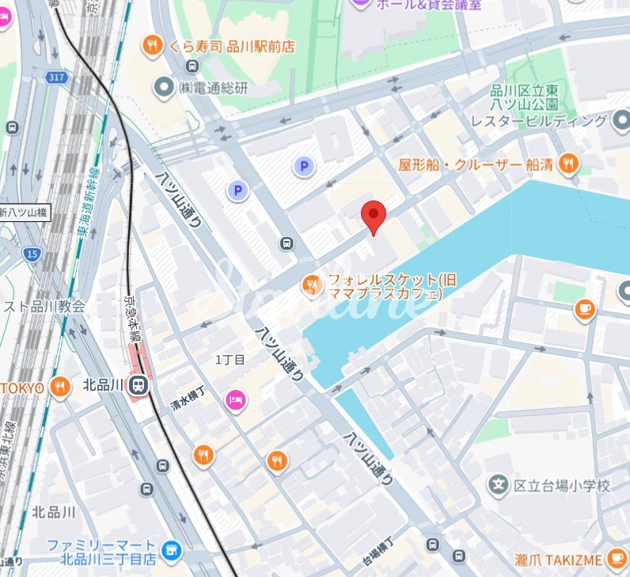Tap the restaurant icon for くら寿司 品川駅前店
tap(152, 47)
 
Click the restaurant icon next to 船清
tap(567, 164)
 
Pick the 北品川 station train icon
tap(139, 386)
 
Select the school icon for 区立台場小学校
tap(498, 484)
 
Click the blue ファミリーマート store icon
tap(169, 549)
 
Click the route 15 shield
tap(32, 254)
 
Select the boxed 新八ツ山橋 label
tap(25, 212)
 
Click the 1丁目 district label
tap(230, 359)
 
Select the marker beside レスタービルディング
tap(621, 120)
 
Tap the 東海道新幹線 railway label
tap(86, 197)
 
